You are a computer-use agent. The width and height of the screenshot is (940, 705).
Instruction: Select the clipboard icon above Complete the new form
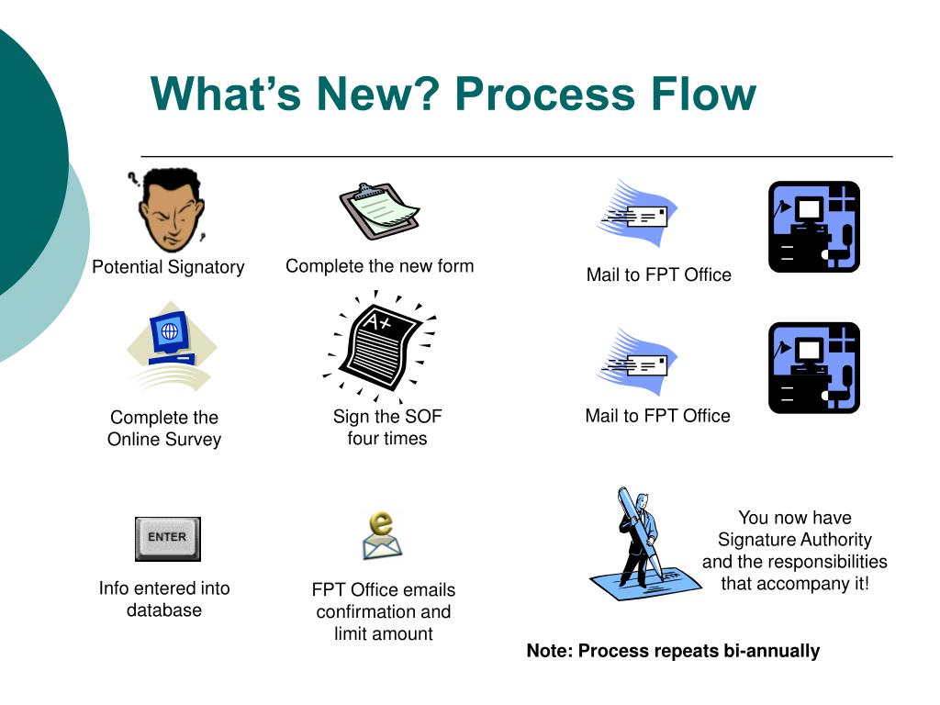click(379, 211)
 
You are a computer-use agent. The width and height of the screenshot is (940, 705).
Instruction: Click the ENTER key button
click(167, 538)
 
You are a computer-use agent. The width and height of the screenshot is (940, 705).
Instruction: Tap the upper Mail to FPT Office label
click(658, 274)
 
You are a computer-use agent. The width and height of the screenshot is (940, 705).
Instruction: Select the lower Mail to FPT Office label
click(657, 416)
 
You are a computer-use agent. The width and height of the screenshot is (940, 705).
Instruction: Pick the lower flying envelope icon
click(639, 364)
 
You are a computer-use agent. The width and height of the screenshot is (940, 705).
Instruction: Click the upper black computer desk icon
click(813, 227)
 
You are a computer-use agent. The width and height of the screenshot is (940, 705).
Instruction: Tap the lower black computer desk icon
click(813, 367)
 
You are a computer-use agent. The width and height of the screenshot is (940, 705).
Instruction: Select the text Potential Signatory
click(168, 267)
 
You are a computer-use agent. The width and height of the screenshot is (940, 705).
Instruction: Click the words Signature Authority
click(794, 539)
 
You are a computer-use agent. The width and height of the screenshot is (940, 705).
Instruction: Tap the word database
click(164, 610)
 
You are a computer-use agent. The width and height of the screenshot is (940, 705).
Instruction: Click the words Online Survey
click(164, 439)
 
